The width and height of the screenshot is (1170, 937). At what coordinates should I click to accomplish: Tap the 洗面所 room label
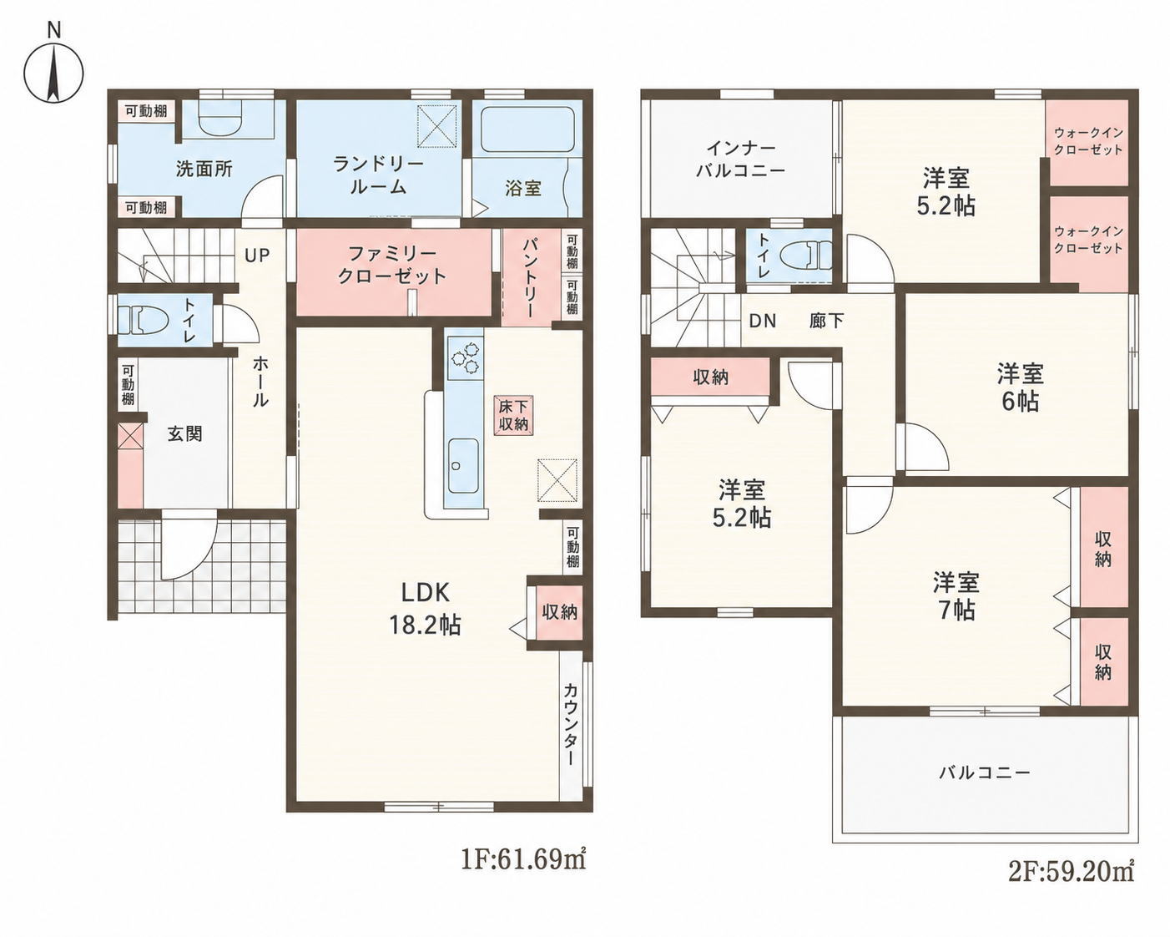[x=204, y=170]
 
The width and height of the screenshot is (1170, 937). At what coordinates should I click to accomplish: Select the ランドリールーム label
[x=378, y=175]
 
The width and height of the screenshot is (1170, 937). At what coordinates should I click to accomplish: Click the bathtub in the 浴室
[x=527, y=130]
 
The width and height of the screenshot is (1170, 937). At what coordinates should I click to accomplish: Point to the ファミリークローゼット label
[x=392, y=265]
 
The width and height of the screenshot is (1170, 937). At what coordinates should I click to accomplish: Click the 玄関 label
[x=185, y=433]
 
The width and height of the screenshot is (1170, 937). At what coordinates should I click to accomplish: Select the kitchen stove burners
[x=466, y=357]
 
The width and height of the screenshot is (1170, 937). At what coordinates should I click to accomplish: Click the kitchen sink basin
[x=463, y=466]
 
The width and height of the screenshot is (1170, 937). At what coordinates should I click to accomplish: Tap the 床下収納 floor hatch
[x=514, y=415]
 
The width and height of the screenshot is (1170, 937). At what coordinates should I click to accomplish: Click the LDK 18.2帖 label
[x=425, y=608]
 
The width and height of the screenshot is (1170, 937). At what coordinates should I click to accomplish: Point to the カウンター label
[x=570, y=725]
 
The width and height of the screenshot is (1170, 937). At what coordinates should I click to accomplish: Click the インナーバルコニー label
[x=741, y=160]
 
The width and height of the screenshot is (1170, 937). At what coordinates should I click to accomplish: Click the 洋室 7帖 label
[x=956, y=596]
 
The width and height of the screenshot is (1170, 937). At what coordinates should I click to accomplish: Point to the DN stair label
[x=762, y=321]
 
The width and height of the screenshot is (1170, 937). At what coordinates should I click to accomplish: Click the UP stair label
[x=257, y=256]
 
